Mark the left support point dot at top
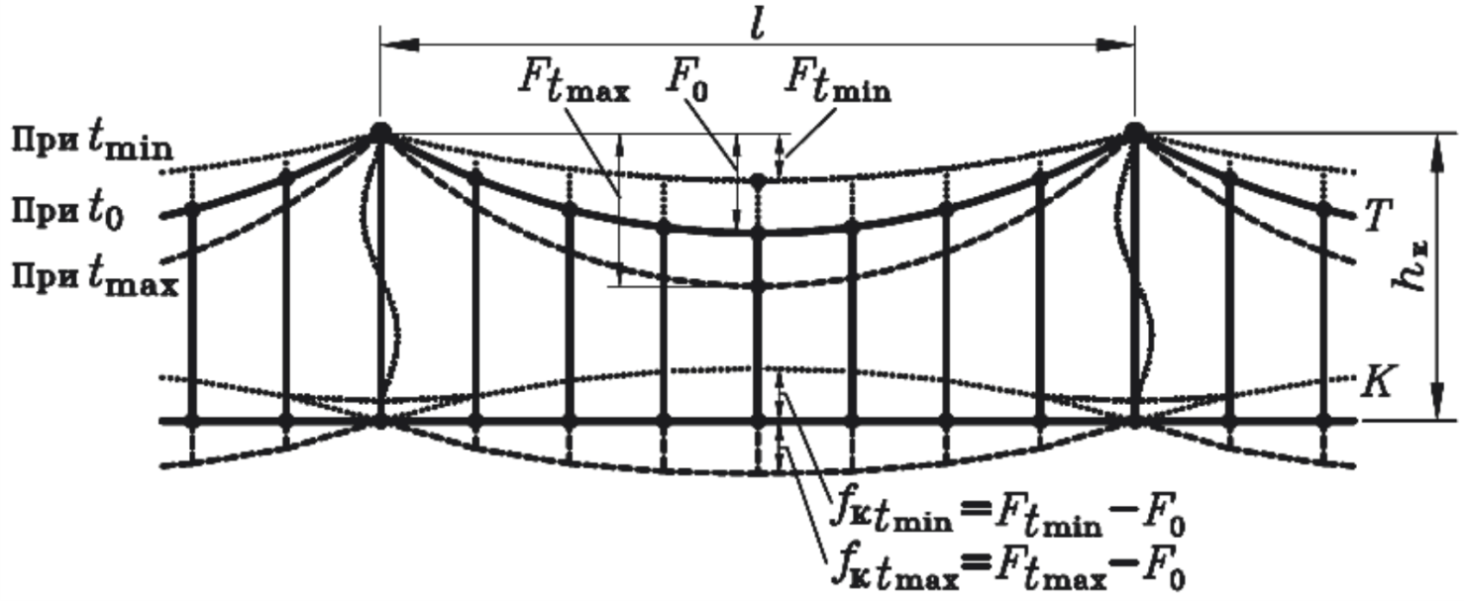tap(379, 132)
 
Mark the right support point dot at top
tap(1135, 132)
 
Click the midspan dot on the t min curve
tap(758, 181)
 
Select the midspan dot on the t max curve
tap(758, 286)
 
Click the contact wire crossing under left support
tap(379, 420)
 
